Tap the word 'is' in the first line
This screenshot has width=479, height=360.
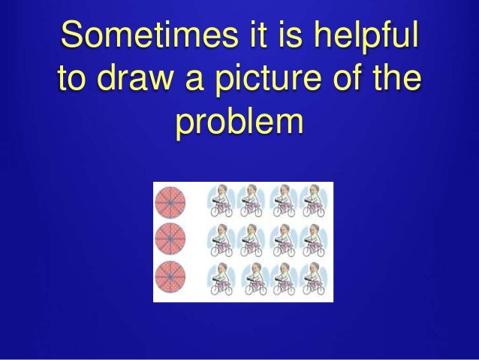pos(269,36)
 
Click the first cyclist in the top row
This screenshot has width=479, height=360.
pos(222,202)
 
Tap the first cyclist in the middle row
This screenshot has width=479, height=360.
pos(222,241)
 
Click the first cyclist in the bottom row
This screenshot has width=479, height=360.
pos(222,279)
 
